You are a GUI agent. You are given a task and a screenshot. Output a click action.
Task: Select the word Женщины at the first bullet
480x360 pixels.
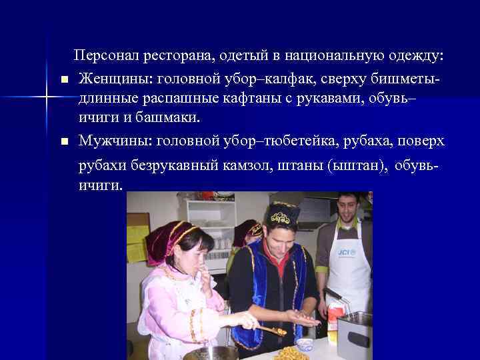(x=111, y=79)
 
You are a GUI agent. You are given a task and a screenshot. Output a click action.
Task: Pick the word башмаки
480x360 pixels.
(x=169, y=117)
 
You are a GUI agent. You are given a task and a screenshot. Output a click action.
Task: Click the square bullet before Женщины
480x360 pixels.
(x=64, y=80)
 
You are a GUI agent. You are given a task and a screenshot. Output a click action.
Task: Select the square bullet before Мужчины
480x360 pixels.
(x=64, y=142)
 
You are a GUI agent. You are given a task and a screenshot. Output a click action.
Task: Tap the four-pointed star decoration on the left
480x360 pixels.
(x=47, y=99)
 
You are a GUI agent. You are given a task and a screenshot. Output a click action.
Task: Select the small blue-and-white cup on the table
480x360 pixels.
(x=304, y=344)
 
